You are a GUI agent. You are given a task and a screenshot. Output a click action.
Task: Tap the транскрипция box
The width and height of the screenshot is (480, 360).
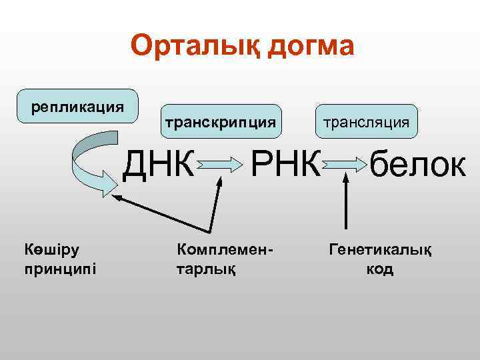coord(220,122)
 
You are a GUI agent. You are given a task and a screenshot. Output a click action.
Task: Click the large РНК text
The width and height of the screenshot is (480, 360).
coord(285,163)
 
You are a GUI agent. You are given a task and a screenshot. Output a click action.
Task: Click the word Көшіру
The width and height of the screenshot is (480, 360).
coord(51,250)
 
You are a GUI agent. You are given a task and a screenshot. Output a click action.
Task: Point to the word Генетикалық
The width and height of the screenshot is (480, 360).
coord(379,250)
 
